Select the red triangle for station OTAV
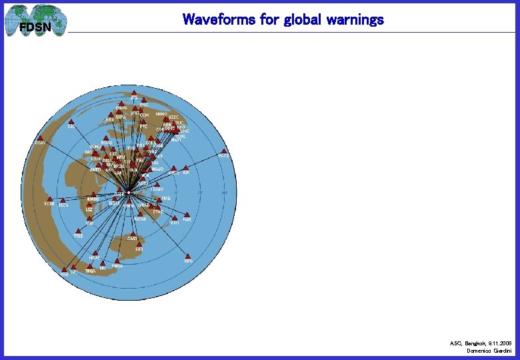[41, 139]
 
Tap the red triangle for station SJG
[71, 121]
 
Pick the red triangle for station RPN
[188, 256]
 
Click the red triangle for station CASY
[132, 234]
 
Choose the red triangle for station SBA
[139, 245]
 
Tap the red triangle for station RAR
[187, 215]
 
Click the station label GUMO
[157, 189]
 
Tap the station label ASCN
[63, 205]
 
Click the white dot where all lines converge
[129, 193]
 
